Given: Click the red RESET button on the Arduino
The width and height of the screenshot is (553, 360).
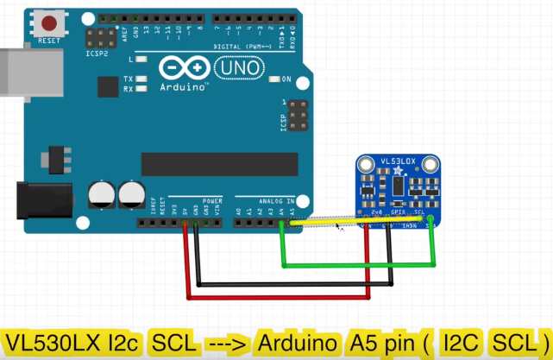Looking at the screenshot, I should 50,23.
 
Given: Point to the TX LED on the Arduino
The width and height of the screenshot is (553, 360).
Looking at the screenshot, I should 141,79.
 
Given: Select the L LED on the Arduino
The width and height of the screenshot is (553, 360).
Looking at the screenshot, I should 141,60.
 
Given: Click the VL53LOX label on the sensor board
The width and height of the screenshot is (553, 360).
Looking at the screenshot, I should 399,161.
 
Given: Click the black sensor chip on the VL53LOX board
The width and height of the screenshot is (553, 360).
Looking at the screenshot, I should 398,187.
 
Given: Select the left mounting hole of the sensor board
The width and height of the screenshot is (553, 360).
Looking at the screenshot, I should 363,165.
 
